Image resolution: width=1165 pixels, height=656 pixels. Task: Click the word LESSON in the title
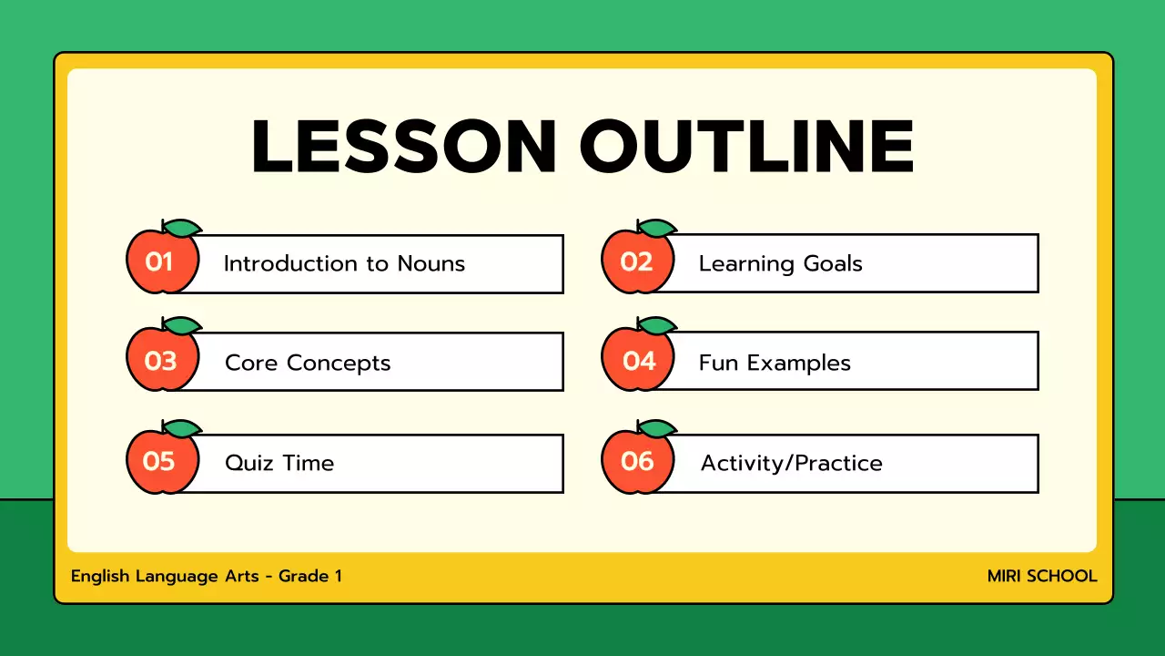pos(403,147)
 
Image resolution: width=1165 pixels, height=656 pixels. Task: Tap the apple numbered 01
pos(160,262)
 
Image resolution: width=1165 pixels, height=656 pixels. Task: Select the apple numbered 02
pos(637,262)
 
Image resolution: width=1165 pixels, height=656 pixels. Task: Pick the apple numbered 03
pos(160,362)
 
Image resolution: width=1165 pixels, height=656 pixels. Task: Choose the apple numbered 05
pos(160,462)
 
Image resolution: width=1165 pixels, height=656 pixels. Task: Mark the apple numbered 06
pos(637,462)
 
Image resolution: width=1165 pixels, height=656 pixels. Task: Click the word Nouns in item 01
pos(431,264)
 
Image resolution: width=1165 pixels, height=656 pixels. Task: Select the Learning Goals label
pos(780,264)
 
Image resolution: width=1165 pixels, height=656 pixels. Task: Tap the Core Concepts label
pos(308,363)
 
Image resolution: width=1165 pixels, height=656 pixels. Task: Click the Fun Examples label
pos(775,363)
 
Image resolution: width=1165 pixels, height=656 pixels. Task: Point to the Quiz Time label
pos(279,463)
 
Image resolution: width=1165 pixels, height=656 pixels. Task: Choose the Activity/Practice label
pos(791,463)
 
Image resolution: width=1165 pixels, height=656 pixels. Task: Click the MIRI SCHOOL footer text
pos(1042,576)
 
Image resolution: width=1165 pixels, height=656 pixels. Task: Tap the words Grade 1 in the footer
pos(310,576)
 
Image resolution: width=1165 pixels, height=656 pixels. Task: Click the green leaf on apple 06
pos(657,428)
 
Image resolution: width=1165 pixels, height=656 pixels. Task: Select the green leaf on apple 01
pos(181,228)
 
